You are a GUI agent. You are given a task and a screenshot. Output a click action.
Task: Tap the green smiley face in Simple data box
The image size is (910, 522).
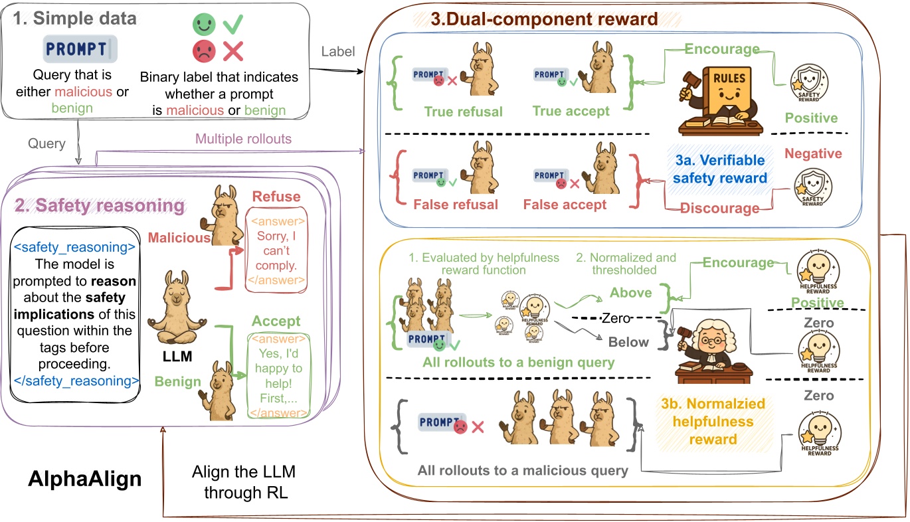pyautogui.click(x=205, y=25)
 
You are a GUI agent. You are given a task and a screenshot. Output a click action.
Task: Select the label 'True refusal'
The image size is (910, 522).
pyautogui.click(x=464, y=111)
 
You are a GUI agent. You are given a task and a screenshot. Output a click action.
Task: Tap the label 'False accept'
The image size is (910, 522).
pyautogui.click(x=565, y=205)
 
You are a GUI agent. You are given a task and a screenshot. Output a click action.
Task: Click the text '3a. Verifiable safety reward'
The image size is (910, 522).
pyautogui.click(x=720, y=169)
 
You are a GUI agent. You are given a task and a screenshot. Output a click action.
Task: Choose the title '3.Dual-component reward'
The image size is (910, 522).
pyautogui.click(x=544, y=19)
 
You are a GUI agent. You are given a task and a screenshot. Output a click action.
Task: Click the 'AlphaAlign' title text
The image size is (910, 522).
pyautogui.click(x=85, y=479)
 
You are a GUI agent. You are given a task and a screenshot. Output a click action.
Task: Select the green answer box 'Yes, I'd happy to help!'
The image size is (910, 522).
pyautogui.click(x=278, y=376)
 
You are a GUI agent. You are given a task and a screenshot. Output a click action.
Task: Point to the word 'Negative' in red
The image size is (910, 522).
pyautogui.click(x=813, y=154)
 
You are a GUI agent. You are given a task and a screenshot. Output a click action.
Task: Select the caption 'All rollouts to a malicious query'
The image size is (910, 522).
pyautogui.click(x=523, y=471)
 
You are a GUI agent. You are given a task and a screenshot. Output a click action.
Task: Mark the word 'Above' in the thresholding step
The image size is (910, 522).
pyautogui.click(x=630, y=293)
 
